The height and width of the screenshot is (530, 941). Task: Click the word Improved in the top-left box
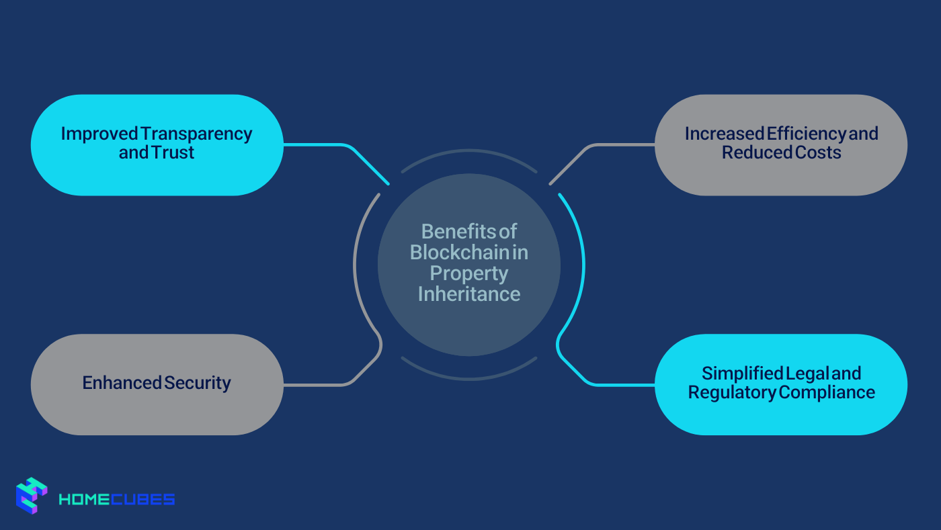99,134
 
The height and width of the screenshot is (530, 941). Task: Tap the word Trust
174,152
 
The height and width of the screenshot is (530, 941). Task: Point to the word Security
198,383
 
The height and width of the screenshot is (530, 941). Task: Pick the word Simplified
743,373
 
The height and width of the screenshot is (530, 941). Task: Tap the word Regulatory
732,392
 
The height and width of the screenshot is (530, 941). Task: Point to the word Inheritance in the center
469,294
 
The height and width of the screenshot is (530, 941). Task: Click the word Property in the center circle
469,273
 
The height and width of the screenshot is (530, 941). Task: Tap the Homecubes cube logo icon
32,496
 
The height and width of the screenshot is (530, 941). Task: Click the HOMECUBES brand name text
117,499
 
